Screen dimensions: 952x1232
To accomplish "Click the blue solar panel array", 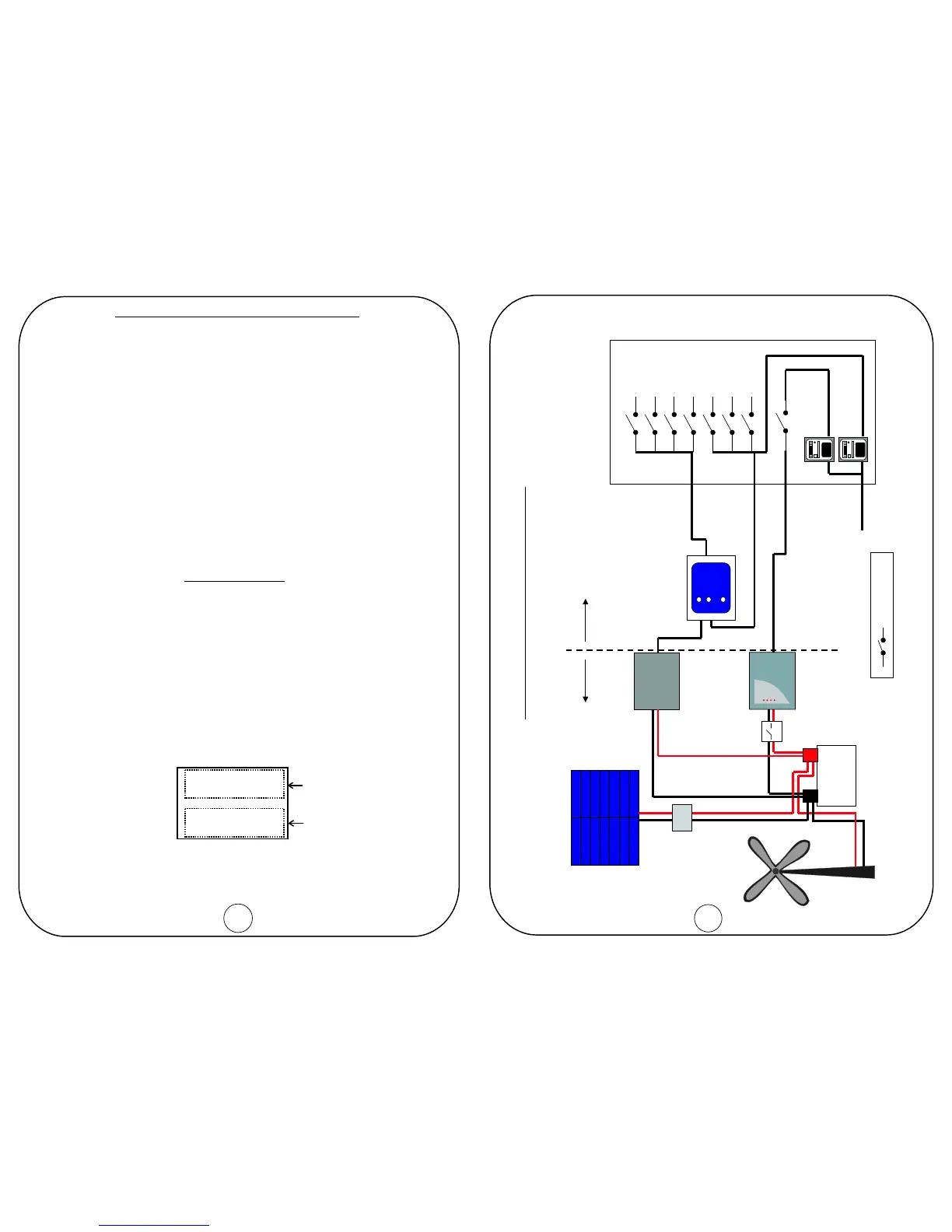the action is [605, 817].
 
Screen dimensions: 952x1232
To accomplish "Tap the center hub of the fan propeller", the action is [776, 872].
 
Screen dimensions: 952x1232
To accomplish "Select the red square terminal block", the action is [810, 754].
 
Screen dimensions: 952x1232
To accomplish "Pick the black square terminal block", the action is [810, 796].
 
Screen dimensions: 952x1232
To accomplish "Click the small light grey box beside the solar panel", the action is [681, 817].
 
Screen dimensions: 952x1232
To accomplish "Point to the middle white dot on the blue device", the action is [709, 600].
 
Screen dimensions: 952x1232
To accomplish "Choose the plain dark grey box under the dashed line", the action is [656, 681].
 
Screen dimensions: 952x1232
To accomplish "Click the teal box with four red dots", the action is [772, 681].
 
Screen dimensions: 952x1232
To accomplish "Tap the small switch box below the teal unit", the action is [771, 731].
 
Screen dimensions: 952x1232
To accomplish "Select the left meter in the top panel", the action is [819, 450].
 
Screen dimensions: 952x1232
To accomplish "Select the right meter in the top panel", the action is [853, 450].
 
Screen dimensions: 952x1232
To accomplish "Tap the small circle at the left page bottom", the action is [238, 918].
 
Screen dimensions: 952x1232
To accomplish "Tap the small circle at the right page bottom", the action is [708, 918].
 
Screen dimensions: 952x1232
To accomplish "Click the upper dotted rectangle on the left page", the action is [234, 784].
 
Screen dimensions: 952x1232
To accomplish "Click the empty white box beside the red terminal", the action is [837, 775].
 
